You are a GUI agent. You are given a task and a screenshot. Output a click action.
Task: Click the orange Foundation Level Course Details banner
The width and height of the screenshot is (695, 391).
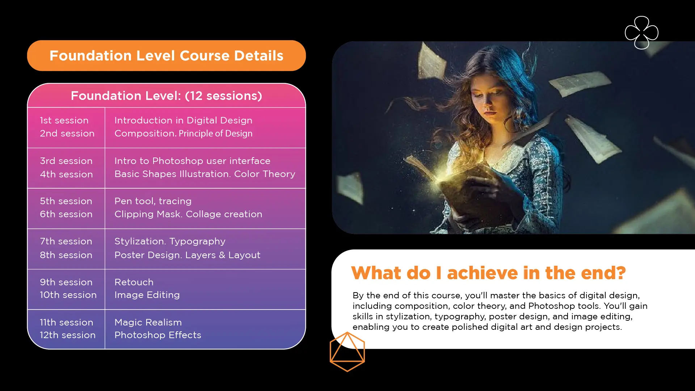(167, 55)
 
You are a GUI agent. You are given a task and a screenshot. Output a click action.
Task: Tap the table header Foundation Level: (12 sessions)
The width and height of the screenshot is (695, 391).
(167, 96)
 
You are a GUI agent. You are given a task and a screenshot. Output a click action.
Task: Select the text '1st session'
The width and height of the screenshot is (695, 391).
(64, 120)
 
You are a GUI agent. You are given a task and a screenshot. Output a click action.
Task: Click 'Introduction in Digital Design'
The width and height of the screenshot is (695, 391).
(184, 120)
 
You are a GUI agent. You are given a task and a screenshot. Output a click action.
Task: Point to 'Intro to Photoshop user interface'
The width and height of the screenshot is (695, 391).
(193, 161)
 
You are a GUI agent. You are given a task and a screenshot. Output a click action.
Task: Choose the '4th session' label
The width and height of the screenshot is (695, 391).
(66, 174)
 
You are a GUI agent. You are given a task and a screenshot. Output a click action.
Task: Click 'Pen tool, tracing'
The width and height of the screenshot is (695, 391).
(153, 201)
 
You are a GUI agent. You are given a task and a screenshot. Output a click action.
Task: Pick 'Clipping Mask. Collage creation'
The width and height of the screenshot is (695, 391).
(188, 214)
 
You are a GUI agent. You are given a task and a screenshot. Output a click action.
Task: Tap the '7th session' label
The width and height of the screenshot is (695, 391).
(66, 241)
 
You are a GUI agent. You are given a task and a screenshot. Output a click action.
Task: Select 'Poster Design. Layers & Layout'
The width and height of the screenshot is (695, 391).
(188, 255)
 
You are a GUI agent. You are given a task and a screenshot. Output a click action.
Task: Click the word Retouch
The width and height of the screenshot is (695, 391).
(134, 282)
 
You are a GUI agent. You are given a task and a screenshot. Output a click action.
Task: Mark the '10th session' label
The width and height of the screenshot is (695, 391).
(68, 295)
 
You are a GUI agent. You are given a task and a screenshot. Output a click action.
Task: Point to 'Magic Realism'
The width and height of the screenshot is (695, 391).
(148, 322)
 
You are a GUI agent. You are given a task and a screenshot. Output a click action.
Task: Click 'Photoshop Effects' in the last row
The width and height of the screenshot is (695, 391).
(158, 335)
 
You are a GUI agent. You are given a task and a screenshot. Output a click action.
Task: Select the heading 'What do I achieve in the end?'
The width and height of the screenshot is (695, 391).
(488, 273)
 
